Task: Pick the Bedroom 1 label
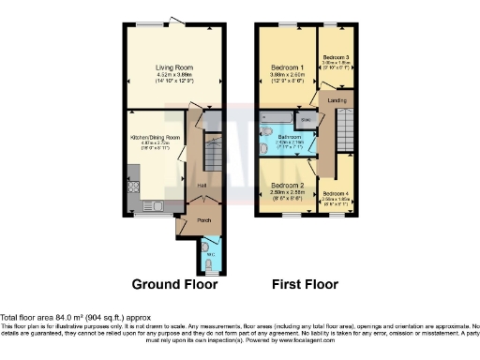tap(287, 67)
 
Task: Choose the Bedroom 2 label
tap(287, 185)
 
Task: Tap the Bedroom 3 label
tap(337, 58)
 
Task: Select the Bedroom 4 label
tap(337, 194)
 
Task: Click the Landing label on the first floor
tap(338, 99)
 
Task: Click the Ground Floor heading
tap(174, 284)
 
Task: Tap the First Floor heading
tap(305, 284)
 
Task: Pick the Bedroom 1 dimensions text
tap(287, 75)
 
